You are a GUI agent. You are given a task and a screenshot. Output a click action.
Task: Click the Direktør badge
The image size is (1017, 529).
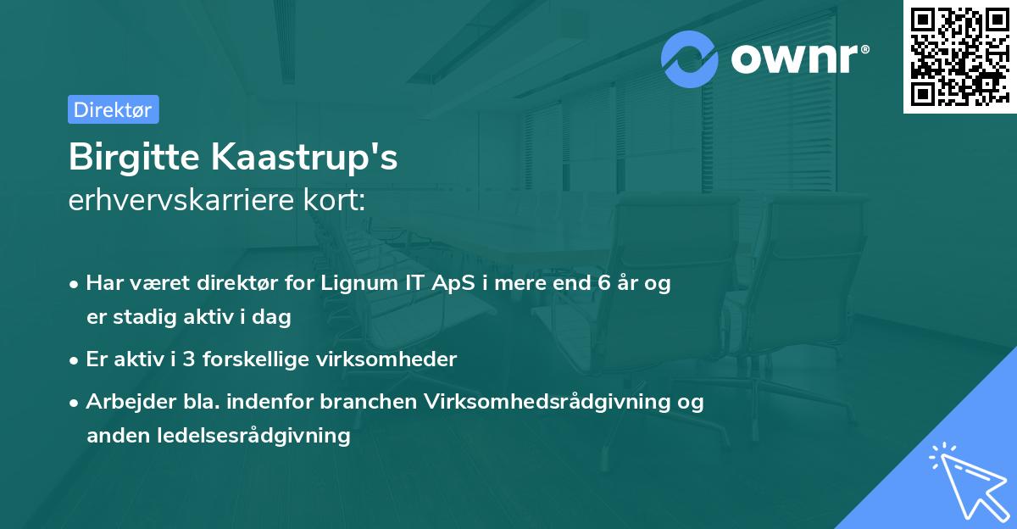[114, 110]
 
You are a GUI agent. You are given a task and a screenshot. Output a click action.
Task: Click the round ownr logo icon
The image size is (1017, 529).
[690, 58]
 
